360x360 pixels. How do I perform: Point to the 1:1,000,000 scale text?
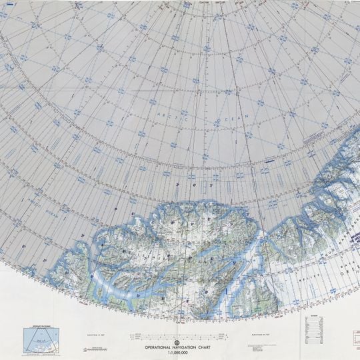point(179,353)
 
